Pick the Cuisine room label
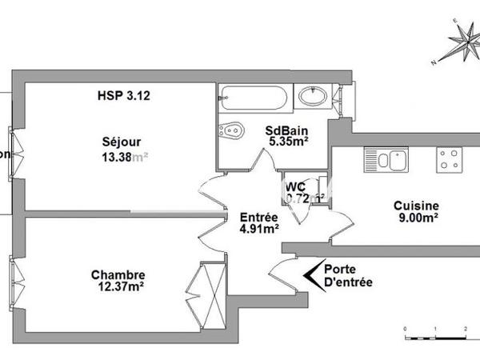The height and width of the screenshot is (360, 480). pos(416,205)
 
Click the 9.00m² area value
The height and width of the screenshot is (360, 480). pos(416,218)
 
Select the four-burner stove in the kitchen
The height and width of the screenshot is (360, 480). pos(448,159)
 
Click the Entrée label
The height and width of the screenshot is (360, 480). pos(259,217)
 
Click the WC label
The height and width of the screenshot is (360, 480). pos(295,186)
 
